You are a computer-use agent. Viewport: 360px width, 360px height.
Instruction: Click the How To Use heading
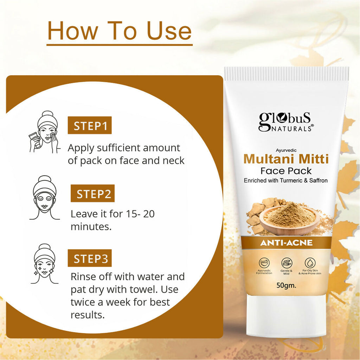pyautogui.click(x=120, y=31)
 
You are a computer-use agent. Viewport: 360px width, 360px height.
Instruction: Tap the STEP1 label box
pyautogui.click(x=90, y=125)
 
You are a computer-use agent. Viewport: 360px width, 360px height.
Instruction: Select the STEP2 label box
pyautogui.click(x=92, y=193)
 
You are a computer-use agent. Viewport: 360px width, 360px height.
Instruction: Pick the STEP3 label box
pyautogui.click(x=90, y=258)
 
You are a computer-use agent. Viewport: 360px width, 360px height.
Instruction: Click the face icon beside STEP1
pyautogui.click(x=44, y=132)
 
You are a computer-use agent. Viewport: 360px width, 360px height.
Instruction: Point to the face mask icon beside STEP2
pyautogui.click(x=44, y=198)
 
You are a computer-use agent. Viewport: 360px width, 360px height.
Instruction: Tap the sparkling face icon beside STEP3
pyautogui.click(x=44, y=264)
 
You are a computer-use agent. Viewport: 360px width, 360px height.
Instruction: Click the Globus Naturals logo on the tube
pyautogui.click(x=286, y=122)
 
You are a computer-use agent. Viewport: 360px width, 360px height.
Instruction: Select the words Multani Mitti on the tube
pyautogui.click(x=286, y=159)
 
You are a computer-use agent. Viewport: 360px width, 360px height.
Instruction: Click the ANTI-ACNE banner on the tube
pyautogui.click(x=286, y=243)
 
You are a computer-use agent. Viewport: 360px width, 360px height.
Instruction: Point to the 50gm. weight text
pyautogui.click(x=286, y=285)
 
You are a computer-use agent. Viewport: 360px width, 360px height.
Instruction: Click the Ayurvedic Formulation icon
pyautogui.click(x=264, y=263)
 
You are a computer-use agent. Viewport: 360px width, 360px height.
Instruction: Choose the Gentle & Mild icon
pyautogui.click(x=287, y=263)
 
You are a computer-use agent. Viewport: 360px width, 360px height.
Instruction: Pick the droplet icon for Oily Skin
pyautogui.click(x=310, y=263)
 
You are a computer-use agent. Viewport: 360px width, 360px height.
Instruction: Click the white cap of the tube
pyautogui.click(x=287, y=316)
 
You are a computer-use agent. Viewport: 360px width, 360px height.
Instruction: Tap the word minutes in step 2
pyautogui.click(x=91, y=227)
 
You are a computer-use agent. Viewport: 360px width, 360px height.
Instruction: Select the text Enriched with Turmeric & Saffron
pyautogui.click(x=285, y=180)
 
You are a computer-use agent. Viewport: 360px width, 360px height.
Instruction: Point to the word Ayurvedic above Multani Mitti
pyautogui.click(x=286, y=150)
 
